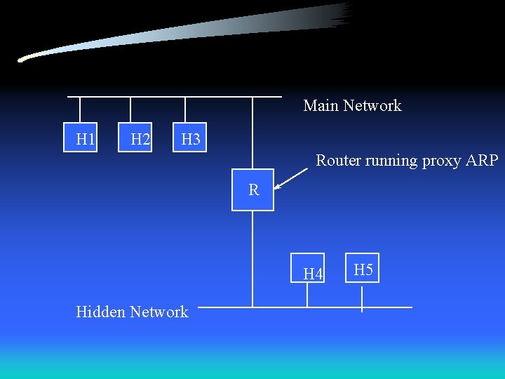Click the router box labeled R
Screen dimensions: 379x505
pyautogui.click(x=253, y=189)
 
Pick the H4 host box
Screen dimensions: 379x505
pyautogui.click(x=308, y=271)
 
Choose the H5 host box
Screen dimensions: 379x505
pyautogui.click(x=363, y=269)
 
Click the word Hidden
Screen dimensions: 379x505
pyautogui.click(x=100, y=312)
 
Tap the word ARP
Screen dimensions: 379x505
pyautogui.click(x=482, y=160)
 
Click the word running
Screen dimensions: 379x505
pyautogui.click(x=393, y=161)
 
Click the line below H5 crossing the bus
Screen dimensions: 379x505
pyautogui.click(x=362, y=298)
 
